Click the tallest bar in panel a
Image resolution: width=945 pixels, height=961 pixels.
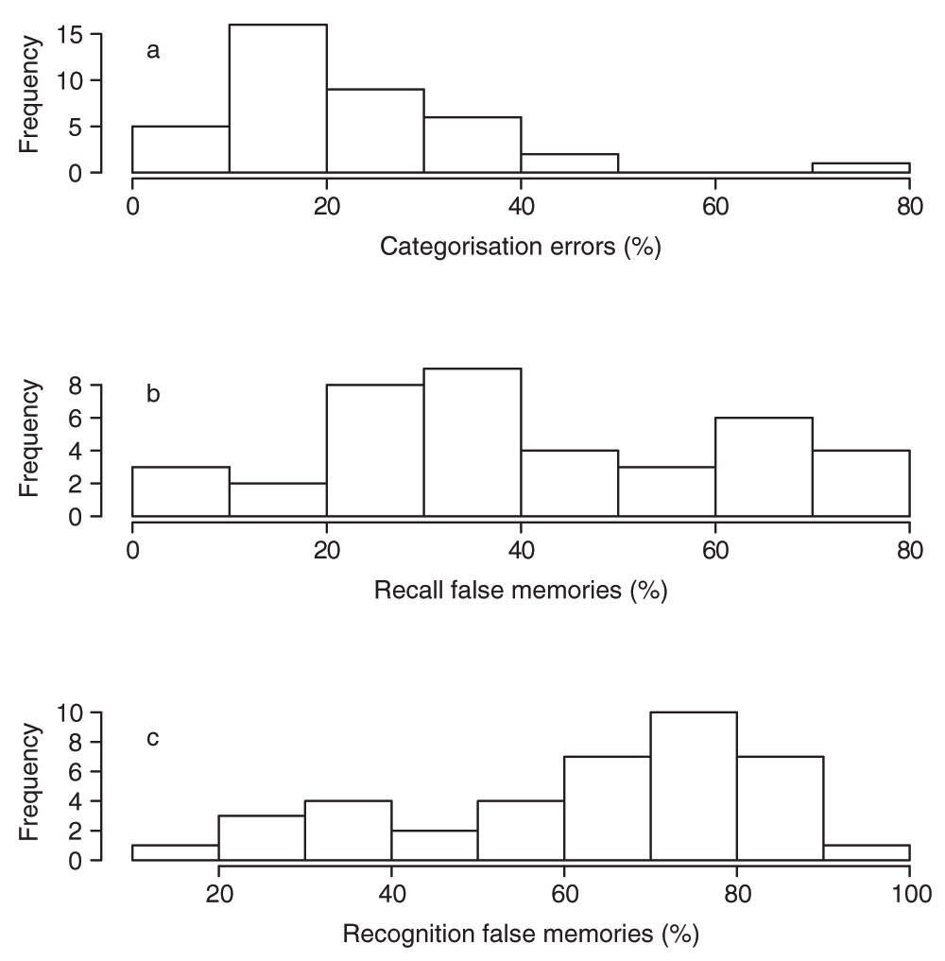[x=278, y=98]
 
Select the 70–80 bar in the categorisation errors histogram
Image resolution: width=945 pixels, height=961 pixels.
[x=860, y=168]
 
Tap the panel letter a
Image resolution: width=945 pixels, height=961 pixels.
[x=153, y=51]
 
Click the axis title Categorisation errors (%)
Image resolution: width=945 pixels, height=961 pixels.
[x=520, y=249]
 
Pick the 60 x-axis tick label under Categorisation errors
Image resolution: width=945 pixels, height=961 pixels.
[x=715, y=206]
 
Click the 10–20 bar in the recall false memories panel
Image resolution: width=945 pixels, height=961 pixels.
[x=278, y=500]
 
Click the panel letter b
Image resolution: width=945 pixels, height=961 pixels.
[x=153, y=394]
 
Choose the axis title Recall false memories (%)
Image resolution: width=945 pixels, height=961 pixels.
[x=521, y=592]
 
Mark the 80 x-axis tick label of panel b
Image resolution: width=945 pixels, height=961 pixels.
[x=909, y=550]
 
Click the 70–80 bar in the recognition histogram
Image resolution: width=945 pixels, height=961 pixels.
[x=694, y=786]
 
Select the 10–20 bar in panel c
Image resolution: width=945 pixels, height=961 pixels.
[x=175, y=852]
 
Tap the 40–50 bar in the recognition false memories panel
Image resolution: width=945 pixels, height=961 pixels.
[x=434, y=845]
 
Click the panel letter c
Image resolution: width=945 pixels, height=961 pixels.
[x=153, y=738]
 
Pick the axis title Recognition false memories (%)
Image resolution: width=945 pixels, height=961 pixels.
[x=521, y=935]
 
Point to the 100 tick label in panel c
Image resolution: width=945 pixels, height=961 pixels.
[x=909, y=894]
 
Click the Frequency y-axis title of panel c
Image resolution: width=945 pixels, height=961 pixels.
[x=29, y=782]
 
